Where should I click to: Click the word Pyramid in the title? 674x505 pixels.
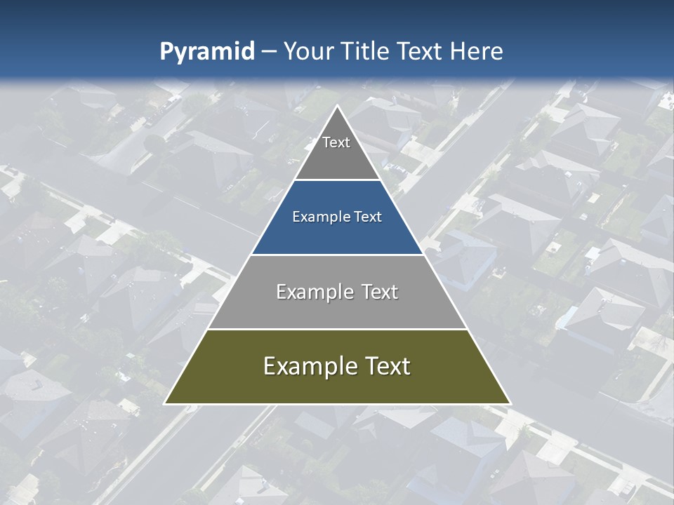206,52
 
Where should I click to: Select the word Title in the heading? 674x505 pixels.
366,51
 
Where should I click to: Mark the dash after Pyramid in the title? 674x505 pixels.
268,52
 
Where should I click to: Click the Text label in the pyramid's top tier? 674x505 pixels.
336,142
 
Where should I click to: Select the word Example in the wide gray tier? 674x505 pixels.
314,292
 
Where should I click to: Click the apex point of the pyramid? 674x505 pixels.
337,106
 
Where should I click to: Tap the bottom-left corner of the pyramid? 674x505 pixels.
165,403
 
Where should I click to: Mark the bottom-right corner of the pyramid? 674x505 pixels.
510,403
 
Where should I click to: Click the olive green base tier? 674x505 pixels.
337,388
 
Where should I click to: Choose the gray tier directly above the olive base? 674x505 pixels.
337,313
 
